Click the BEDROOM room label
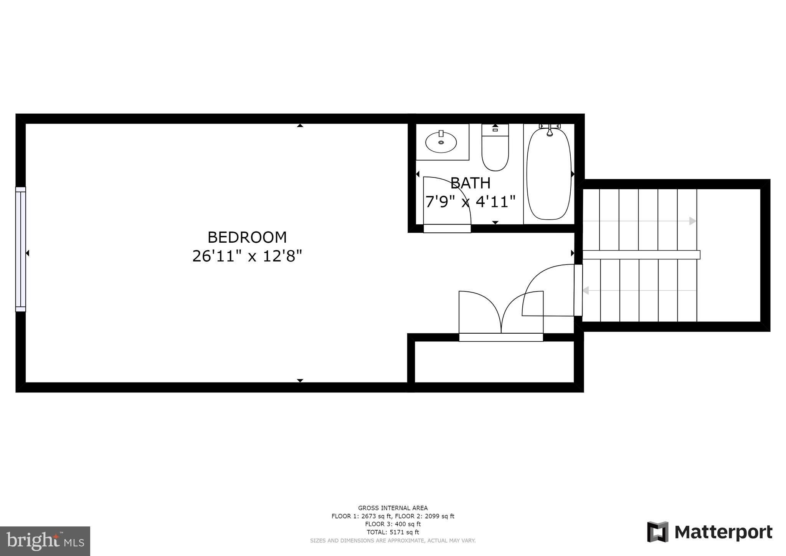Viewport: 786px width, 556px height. pos(247,237)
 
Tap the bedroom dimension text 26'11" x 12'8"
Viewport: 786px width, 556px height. pos(247,256)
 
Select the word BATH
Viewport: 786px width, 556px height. pos(470,183)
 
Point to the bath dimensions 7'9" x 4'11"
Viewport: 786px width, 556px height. pos(470,201)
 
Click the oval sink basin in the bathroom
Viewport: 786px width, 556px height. pos(441,142)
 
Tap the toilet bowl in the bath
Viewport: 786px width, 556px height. pos(495,156)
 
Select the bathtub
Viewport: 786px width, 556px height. pos(549,177)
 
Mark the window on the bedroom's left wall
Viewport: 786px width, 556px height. pos(21,249)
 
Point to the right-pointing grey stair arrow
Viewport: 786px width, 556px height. pos(692,221)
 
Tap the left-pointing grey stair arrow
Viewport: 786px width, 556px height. pos(586,291)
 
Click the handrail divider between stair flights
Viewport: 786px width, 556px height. pos(641,255)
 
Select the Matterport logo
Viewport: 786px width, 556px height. pos(710,532)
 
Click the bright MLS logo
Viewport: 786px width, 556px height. pos(45,541)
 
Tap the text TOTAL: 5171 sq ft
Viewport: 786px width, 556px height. pos(393,532)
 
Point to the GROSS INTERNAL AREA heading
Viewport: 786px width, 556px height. pos(393,508)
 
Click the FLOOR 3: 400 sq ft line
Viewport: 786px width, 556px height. pos(393,524)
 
